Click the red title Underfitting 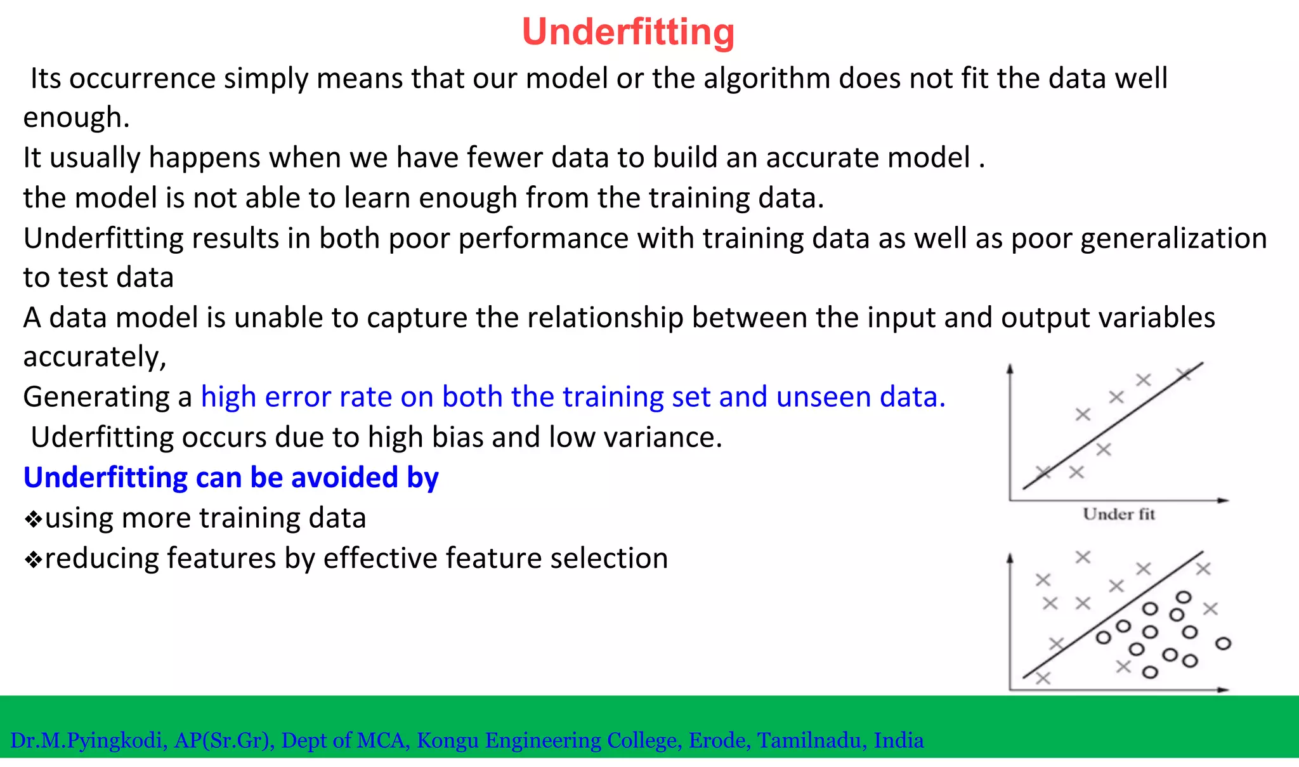coord(628,32)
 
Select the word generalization coord(1173,239)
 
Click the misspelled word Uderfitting coord(102,438)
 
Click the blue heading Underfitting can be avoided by coord(231,478)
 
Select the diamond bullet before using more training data coord(33,520)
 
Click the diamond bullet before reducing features coord(33,560)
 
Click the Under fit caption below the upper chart coord(1118,515)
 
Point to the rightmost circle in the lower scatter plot coord(1223,643)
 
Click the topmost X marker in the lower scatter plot coord(1083,557)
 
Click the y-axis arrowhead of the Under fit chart coord(1010,369)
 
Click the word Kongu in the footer coord(447,740)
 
